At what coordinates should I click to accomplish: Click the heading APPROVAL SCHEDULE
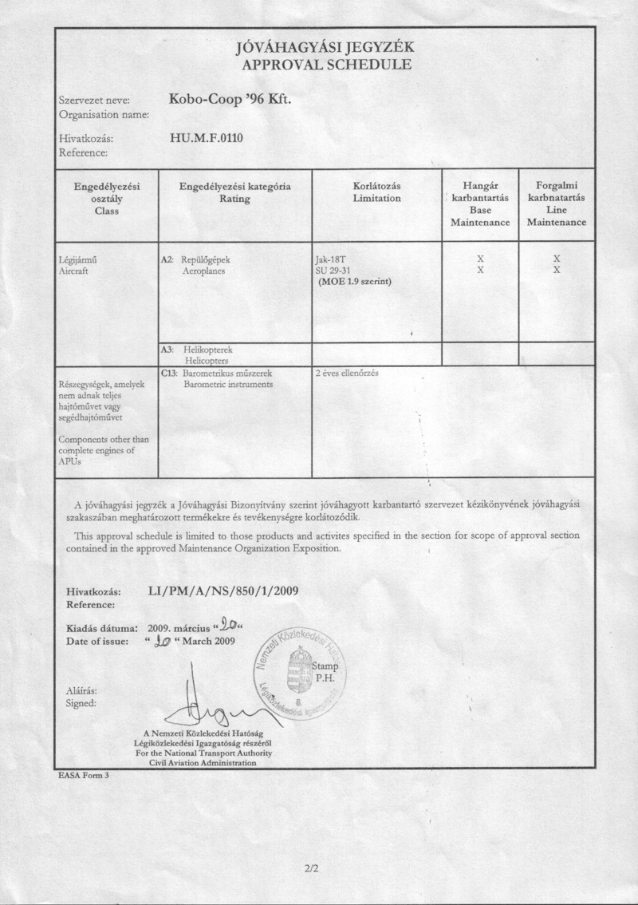(327, 65)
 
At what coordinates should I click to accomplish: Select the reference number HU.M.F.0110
(207, 138)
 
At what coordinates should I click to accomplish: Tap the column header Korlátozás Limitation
(376, 192)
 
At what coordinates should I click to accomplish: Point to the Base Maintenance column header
(480, 204)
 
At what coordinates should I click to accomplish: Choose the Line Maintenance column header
(557, 204)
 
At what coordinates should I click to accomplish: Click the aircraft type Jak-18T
(333, 259)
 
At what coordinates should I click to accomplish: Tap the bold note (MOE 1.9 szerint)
(354, 281)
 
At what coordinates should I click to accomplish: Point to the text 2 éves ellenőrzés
(347, 373)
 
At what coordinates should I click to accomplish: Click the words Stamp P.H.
(327, 671)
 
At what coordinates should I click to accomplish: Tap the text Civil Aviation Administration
(203, 763)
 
